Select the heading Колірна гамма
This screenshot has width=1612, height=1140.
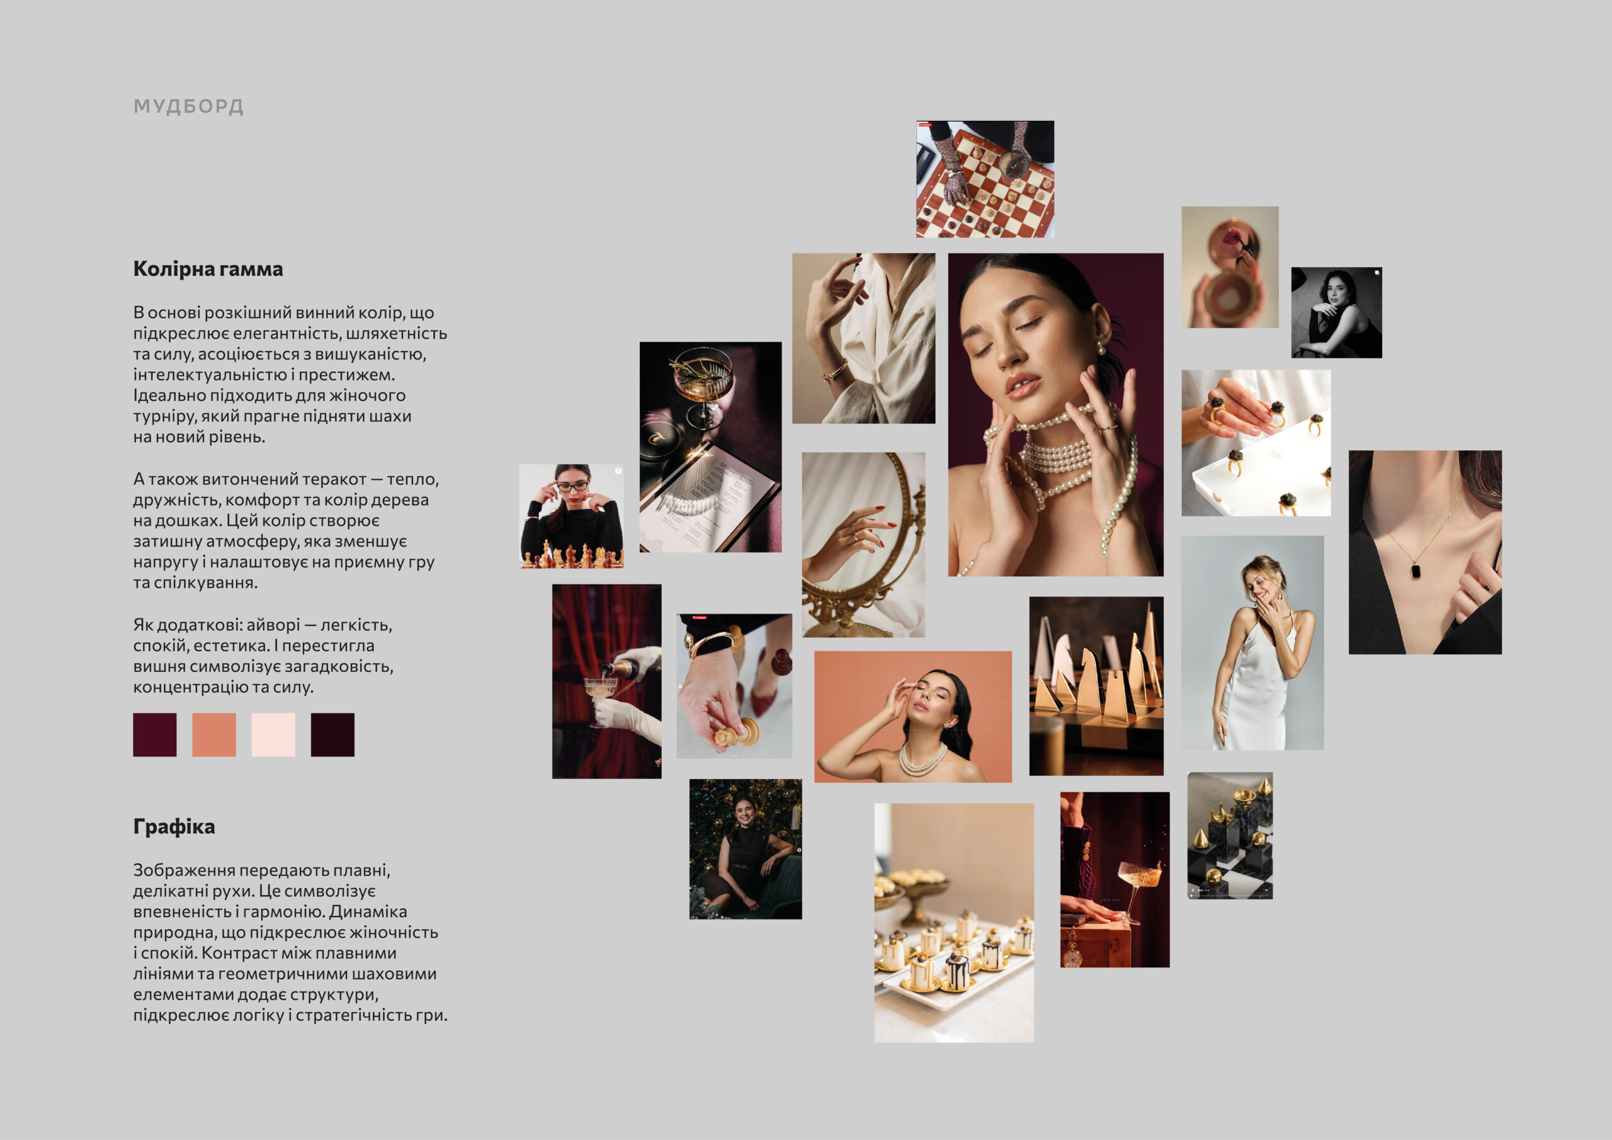(x=208, y=269)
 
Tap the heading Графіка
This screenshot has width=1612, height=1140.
(x=174, y=827)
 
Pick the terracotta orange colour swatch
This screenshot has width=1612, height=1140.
(x=214, y=735)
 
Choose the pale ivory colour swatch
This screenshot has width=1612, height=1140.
(x=273, y=735)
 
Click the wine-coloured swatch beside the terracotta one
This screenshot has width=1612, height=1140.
(x=154, y=735)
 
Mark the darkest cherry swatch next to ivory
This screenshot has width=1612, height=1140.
(x=333, y=735)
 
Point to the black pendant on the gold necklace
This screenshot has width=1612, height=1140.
(x=1416, y=569)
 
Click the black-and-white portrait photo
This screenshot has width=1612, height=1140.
(x=1337, y=312)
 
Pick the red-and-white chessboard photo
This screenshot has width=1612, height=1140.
(x=985, y=179)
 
